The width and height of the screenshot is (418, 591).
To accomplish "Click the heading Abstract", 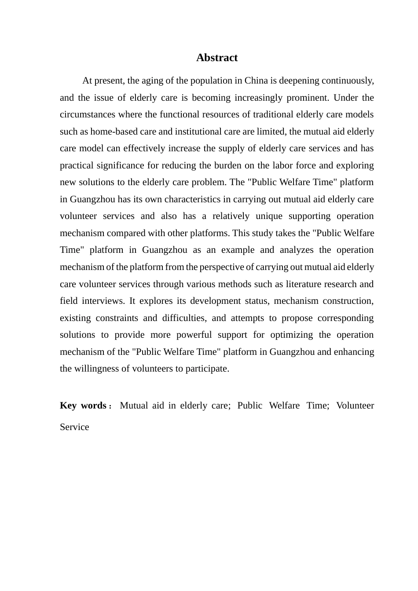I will pos(217,58).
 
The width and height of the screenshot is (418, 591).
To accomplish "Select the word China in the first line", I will pos(256,80).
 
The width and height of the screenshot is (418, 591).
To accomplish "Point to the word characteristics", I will pos(192,199).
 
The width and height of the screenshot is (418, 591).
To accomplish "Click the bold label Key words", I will pos(83,405).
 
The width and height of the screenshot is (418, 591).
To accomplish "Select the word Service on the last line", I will pos(74,427).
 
